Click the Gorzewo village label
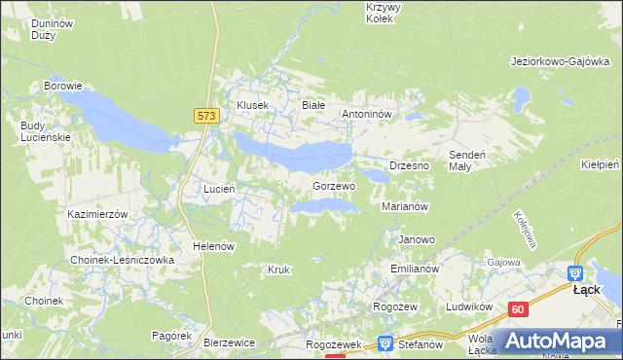coord(334,185)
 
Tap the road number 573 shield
coord(204,115)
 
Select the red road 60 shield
coord(518,309)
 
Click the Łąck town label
coord(586,290)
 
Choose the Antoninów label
coord(367,114)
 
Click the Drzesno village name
coord(410,166)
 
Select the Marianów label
coord(406,206)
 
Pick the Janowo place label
coord(417,239)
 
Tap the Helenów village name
coord(213,246)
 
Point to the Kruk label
coord(278,270)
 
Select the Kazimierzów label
coord(98,213)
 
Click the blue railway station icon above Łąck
coord(575,274)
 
